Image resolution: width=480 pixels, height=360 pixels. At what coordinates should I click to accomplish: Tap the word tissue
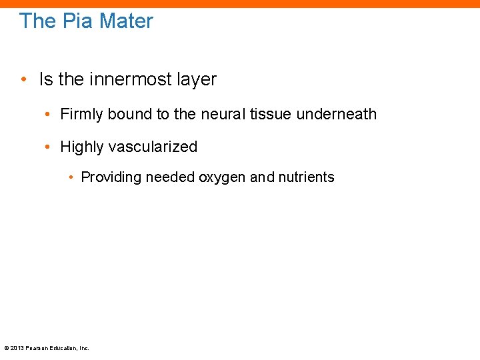272,115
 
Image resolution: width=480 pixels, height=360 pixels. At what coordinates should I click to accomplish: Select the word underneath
337,115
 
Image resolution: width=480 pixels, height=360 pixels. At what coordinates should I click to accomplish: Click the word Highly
82,147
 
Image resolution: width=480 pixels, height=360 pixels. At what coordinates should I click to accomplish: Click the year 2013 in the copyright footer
16,348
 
